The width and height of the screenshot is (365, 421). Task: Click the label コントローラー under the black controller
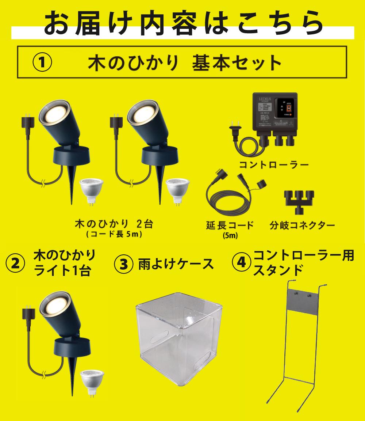tap(274, 165)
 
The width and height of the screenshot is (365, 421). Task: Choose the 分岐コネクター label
tap(302, 225)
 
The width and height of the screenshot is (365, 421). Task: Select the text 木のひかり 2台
tap(114, 224)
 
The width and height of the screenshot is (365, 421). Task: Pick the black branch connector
tap(299, 201)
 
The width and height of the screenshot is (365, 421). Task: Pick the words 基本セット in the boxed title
tap(237, 63)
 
